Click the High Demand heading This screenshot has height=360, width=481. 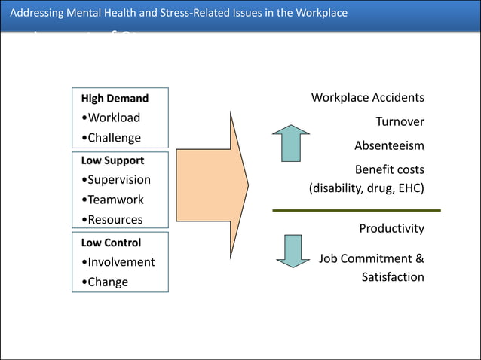click(115, 99)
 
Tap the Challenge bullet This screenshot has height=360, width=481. click(111, 138)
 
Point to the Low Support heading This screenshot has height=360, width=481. click(112, 160)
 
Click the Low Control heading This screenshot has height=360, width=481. click(111, 243)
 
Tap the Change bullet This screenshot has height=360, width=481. click(105, 282)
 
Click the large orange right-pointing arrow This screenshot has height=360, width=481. click(213, 184)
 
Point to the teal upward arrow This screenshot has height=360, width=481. click(291, 143)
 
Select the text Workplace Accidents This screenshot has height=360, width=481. click(367, 98)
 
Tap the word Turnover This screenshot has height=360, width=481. click(400, 122)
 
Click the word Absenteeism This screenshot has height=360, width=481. click(389, 145)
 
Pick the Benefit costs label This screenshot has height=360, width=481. click(389, 169)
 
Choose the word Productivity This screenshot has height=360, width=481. click(391, 228)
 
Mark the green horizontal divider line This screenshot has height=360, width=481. click(356, 211)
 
